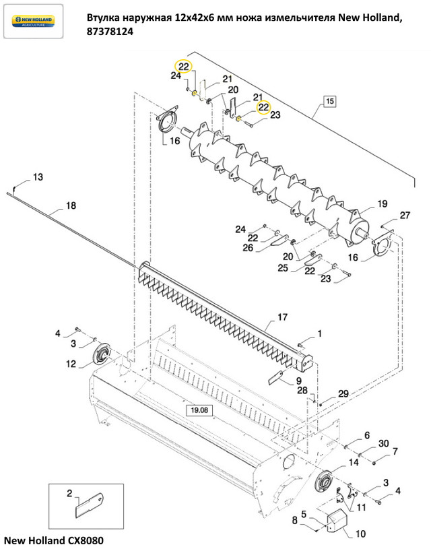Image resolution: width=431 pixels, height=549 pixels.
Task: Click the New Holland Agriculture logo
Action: [33, 21]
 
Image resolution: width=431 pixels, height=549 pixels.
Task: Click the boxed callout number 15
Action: [329, 101]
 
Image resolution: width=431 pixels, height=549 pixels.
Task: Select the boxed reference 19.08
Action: [199, 410]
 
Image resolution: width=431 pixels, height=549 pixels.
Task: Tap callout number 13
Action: [38, 176]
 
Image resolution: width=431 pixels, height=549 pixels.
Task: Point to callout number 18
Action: [71, 205]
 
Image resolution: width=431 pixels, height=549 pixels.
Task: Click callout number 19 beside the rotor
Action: [383, 203]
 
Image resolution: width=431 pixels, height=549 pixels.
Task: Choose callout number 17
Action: [282, 317]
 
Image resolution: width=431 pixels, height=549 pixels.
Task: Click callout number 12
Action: [71, 364]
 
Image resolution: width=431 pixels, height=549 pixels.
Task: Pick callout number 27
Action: [405, 215]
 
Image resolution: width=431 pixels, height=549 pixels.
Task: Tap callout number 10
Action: [360, 534]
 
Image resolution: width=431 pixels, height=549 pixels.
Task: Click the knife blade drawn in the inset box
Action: [90, 505]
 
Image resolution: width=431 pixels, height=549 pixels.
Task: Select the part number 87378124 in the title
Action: [110, 32]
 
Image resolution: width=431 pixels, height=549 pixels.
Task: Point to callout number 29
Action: [343, 393]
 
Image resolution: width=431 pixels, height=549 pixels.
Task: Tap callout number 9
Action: [298, 380]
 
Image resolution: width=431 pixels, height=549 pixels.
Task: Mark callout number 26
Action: [248, 247]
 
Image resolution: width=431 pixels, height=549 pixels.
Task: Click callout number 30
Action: [384, 443]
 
